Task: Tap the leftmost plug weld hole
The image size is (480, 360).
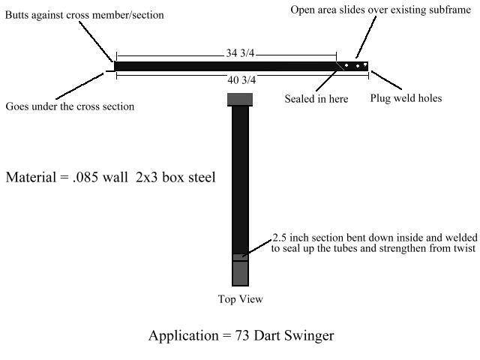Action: click(x=347, y=65)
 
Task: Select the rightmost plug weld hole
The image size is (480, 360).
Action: click(x=365, y=65)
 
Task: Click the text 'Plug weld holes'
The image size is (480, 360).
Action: click(x=406, y=98)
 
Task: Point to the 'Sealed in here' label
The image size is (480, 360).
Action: click(x=316, y=98)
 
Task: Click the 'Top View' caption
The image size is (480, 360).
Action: click(x=240, y=299)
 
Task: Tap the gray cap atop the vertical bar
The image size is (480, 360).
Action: click(x=240, y=99)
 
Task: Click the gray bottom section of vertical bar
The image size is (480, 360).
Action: click(x=240, y=272)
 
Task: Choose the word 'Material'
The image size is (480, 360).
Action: click(x=31, y=178)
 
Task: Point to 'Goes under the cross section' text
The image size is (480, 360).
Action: click(x=70, y=106)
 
